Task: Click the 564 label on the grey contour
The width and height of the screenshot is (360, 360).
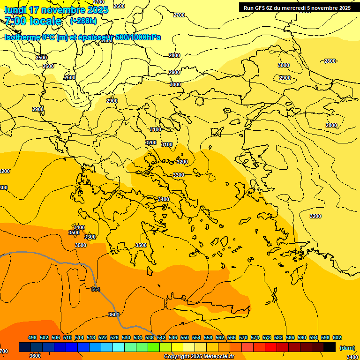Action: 96,289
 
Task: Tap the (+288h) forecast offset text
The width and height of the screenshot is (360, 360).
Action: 83,21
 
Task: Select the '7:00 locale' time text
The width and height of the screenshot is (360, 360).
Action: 33,21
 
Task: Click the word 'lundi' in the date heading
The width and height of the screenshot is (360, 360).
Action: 15,10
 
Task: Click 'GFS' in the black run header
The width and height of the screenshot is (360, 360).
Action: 259,8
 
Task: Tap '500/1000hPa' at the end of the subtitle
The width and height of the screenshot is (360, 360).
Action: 141,37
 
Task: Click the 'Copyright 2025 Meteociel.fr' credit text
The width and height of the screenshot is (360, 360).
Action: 199,357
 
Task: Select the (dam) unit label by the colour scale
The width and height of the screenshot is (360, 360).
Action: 346,348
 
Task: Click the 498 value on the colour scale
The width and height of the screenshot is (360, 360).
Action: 32,337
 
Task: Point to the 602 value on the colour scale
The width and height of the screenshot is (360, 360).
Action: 337,337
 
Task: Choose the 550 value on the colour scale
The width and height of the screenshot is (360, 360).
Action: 185,337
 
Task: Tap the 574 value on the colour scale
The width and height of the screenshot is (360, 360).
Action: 255,337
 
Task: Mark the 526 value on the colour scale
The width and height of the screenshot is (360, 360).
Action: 114,337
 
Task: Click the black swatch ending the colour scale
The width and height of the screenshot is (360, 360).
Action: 330,347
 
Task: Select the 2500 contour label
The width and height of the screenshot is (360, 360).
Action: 41,58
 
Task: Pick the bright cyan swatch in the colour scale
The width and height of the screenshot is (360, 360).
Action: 119,347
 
